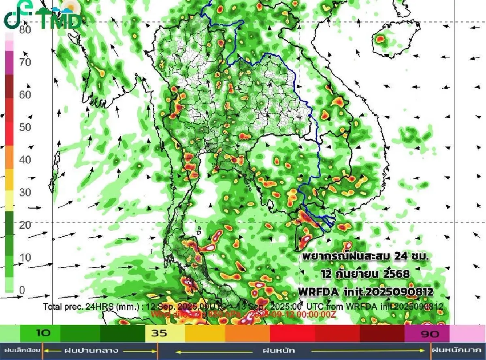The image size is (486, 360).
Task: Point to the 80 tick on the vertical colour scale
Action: [26, 30]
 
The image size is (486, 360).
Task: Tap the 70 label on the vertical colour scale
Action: [26, 62]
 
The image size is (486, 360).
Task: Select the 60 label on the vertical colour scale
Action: [26, 95]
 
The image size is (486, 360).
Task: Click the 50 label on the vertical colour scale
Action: [26, 127]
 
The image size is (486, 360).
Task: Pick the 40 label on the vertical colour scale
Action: [26, 160]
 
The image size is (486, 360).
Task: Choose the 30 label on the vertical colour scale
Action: [26, 192]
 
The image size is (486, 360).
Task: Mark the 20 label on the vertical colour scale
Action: [26, 225]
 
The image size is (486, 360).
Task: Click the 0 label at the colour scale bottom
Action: [22, 290]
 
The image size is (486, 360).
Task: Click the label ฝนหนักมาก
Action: [458, 350]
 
